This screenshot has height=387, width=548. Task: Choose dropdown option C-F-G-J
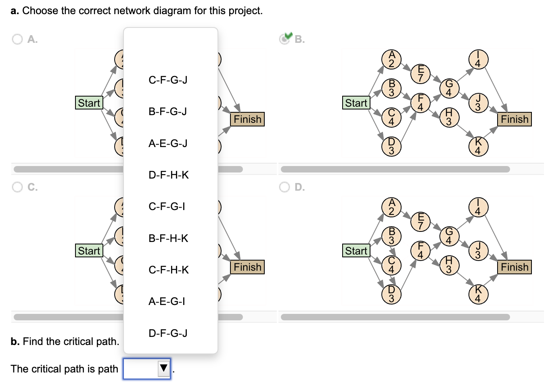168,80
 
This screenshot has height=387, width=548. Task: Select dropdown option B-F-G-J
168,111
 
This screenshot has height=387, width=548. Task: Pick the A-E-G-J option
168,143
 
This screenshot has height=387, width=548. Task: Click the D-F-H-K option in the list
168,175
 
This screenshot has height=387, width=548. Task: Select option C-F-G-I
167,206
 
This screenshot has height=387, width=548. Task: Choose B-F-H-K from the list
168,238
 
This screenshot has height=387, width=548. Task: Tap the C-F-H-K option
168,270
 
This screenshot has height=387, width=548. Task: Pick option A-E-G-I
167,301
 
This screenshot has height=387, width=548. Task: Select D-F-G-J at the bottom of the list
168,333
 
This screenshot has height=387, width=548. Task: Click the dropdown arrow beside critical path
163,368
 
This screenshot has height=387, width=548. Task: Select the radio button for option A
17,39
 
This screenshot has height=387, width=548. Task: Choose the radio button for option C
17,187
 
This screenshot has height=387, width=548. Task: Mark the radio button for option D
284,187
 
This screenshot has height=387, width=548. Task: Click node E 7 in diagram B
420,74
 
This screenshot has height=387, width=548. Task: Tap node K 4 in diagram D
478,294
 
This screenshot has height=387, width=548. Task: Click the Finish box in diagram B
514,119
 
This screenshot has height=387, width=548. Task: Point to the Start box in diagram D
356,251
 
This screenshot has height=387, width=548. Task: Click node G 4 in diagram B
449,88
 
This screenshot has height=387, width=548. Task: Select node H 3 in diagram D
449,265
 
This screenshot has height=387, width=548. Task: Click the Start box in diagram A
89,103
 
